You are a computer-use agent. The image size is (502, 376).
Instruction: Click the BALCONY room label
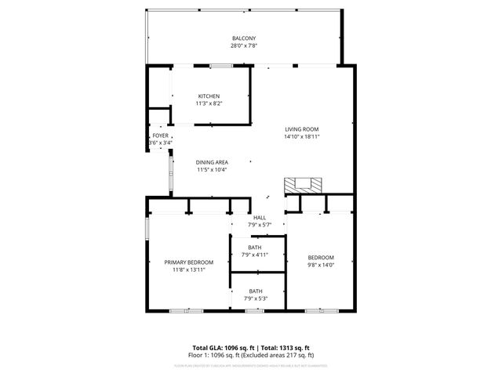click(x=243, y=38)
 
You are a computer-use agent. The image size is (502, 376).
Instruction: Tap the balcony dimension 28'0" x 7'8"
click(x=243, y=46)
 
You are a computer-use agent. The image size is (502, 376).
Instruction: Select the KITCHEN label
click(x=208, y=96)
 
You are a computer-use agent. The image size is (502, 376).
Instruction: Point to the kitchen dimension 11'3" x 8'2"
click(x=208, y=103)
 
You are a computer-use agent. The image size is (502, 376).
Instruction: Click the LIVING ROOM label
click(x=301, y=128)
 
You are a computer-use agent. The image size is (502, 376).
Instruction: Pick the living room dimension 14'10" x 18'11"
click(x=301, y=136)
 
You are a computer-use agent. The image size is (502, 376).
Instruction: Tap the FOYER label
click(x=160, y=136)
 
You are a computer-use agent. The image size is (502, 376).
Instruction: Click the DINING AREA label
click(x=212, y=161)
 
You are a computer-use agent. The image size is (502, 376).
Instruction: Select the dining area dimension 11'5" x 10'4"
click(x=212, y=169)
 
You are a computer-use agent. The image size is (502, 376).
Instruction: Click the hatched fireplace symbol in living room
click(x=303, y=185)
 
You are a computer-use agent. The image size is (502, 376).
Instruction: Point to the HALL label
click(x=259, y=217)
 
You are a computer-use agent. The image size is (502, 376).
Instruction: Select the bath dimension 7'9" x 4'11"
click(x=255, y=255)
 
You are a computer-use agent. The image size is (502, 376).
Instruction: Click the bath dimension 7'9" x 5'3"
click(x=255, y=298)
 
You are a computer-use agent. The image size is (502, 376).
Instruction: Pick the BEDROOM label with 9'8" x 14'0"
click(x=320, y=258)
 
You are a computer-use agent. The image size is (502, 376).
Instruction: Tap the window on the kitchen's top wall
click(x=220, y=66)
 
